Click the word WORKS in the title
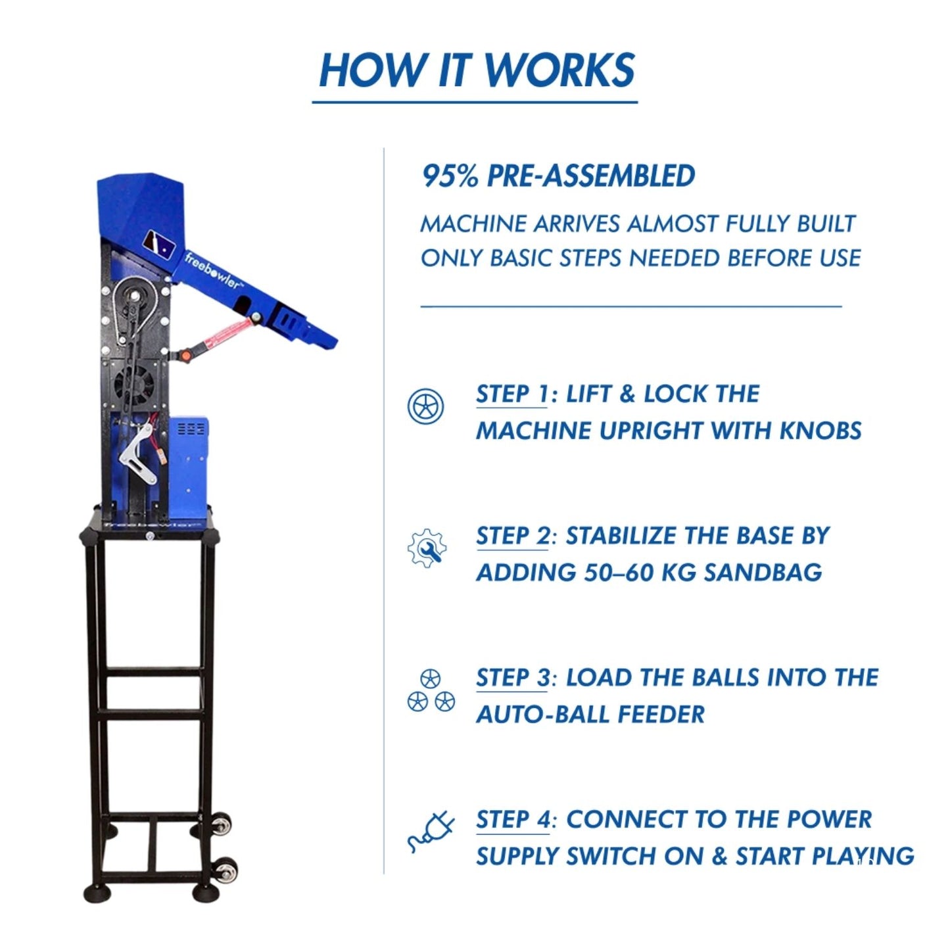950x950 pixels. click(x=559, y=70)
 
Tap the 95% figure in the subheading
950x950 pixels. click(x=450, y=176)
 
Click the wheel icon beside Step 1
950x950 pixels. click(x=425, y=406)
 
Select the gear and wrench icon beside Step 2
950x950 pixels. click(x=427, y=548)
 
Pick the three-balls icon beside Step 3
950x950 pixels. click(x=431, y=691)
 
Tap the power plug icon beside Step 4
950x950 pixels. click(x=431, y=832)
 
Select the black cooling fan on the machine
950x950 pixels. click(x=134, y=385)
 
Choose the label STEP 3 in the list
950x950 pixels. click(x=512, y=678)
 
